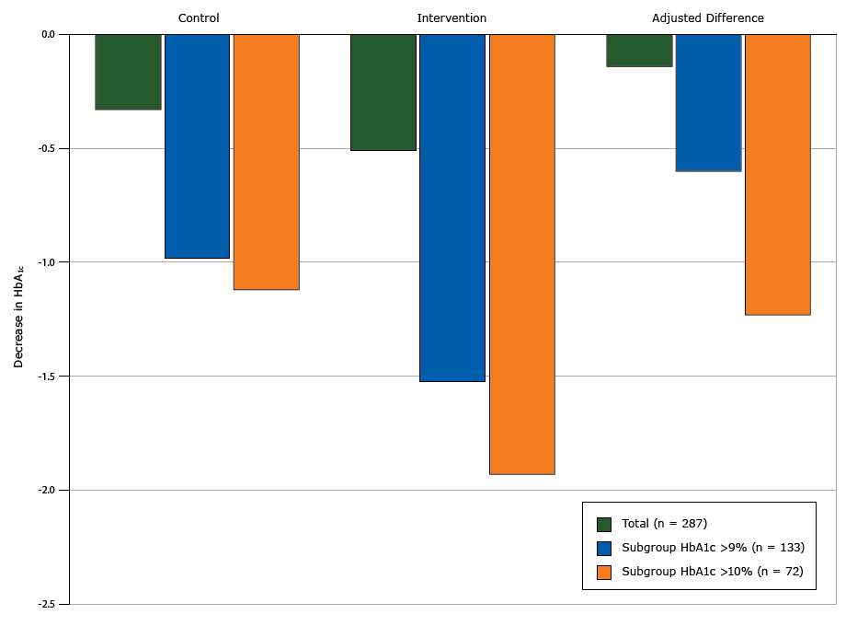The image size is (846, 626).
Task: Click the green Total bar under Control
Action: [128, 72]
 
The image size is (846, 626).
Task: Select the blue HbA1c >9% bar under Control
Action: [197, 146]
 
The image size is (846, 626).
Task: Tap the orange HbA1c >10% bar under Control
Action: [267, 162]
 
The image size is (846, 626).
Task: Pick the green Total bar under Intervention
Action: [383, 92]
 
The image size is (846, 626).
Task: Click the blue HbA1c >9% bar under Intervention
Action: [452, 208]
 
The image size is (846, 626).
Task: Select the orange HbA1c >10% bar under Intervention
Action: [522, 254]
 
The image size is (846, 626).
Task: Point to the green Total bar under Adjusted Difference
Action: [639, 51]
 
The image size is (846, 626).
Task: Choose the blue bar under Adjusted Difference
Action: [708, 102]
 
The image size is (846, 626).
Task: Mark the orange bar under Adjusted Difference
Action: [778, 175]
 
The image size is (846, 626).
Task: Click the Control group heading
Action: [199, 18]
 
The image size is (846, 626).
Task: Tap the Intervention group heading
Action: [452, 18]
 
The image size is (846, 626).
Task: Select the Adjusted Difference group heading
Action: [708, 18]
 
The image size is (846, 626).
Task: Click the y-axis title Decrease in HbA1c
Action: [18, 319]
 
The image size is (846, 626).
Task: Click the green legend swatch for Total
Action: [604, 524]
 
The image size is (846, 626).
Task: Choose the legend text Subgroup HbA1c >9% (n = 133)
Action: [713, 548]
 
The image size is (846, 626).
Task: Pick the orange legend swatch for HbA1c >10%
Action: [604, 572]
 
